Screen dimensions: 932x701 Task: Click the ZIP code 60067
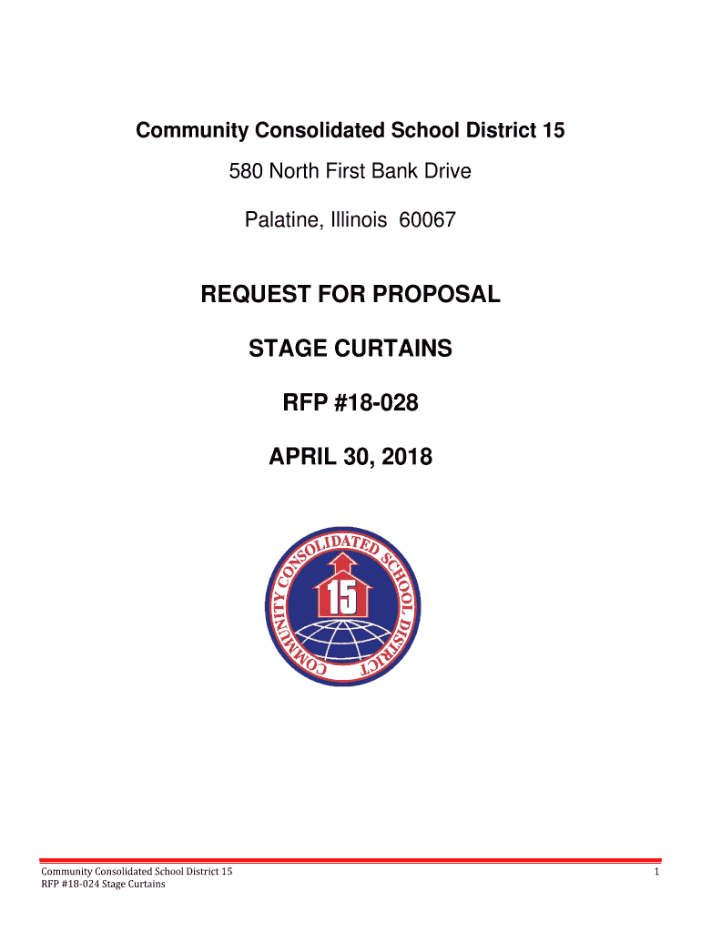pos(427,219)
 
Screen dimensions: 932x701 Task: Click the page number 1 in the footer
pos(655,872)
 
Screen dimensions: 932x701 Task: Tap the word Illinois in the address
pos(355,219)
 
